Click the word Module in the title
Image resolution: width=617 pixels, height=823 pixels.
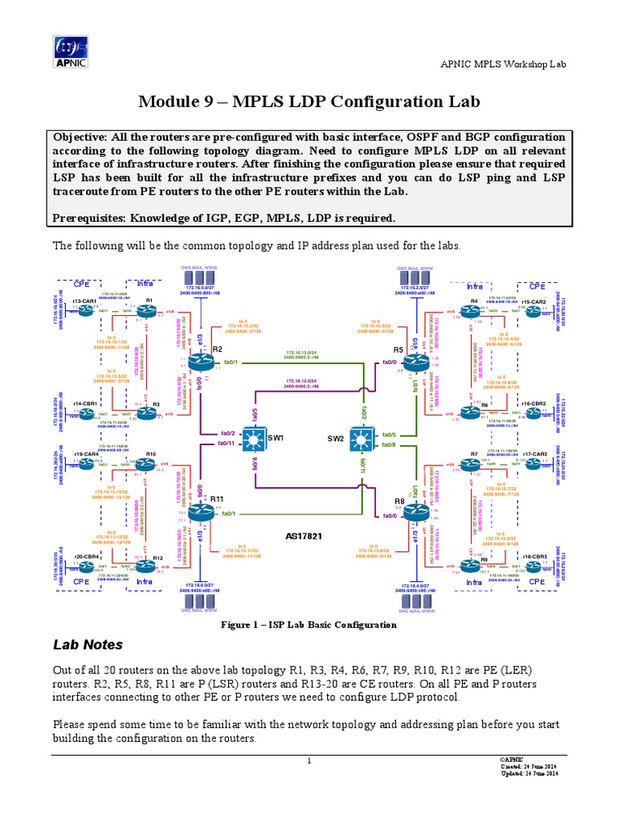tap(169, 102)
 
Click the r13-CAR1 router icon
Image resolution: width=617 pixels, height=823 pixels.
tap(85, 310)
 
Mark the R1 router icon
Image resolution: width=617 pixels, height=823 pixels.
tap(149, 310)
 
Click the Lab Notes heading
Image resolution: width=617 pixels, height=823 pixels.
tap(88, 644)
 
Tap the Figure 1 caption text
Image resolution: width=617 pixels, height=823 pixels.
tap(308, 624)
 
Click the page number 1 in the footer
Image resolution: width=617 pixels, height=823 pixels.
tap(308, 762)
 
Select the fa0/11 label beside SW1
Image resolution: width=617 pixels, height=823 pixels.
tap(227, 443)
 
